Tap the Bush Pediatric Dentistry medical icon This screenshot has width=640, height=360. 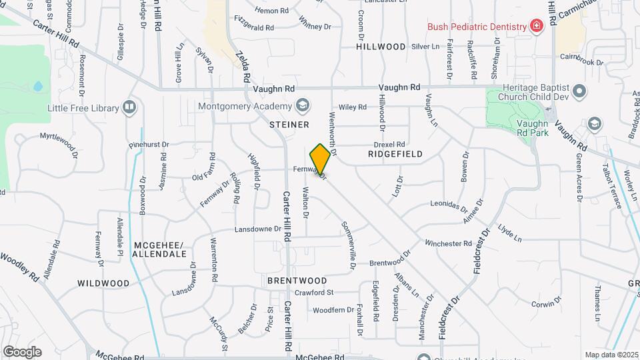click(535, 26)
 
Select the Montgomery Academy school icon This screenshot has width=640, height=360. click(303, 107)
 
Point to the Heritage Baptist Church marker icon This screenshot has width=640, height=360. click(579, 91)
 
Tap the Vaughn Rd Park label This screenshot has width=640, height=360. click(532, 127)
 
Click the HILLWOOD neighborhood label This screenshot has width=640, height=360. click(381, 47)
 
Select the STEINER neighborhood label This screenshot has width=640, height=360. click(289, 125)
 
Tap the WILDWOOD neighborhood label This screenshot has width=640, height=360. click(103, 283)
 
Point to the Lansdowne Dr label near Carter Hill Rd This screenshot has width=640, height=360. click(258, 229)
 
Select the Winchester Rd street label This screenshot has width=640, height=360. click(448, 244)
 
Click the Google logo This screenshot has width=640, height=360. click(22, 351)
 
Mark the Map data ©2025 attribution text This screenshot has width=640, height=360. click(610, 355)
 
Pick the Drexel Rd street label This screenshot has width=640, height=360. click(390, 144)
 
